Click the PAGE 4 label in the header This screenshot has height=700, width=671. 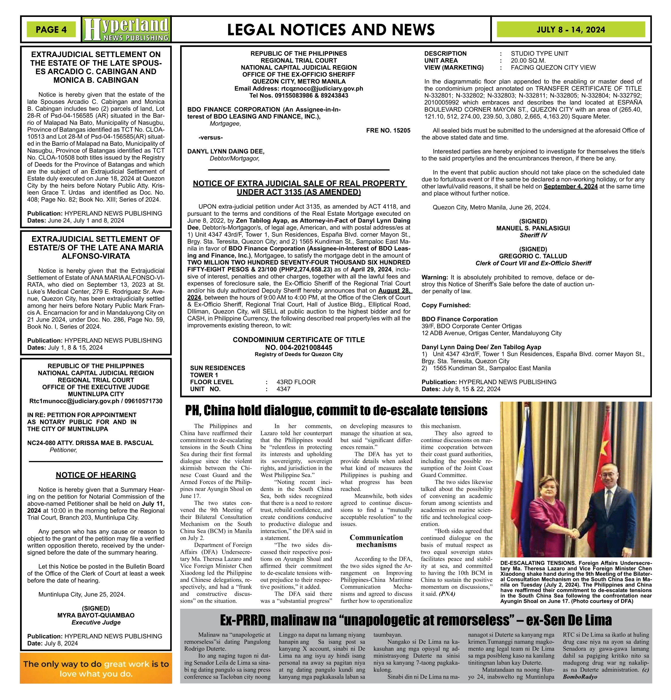[x=51, y=30]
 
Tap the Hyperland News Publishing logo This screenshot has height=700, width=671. [x=127, y=29]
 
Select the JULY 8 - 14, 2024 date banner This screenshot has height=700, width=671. [x=570, y=30]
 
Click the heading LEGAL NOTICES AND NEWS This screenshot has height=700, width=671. [x=331, y=30]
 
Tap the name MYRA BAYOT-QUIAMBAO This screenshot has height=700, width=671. [x=96, y=615]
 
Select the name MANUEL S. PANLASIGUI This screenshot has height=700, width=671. [x=533, y=228]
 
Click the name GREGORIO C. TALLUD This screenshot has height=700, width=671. [x=533, y=256]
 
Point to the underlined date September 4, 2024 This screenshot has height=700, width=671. [x=570, y=186]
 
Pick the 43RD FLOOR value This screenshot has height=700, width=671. [x=296, y=382]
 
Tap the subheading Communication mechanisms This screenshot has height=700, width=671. [x=376, y=541]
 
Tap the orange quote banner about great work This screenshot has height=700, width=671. [x=96, y=668]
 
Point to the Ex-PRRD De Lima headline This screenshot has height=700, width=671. [x=415, y=620]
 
